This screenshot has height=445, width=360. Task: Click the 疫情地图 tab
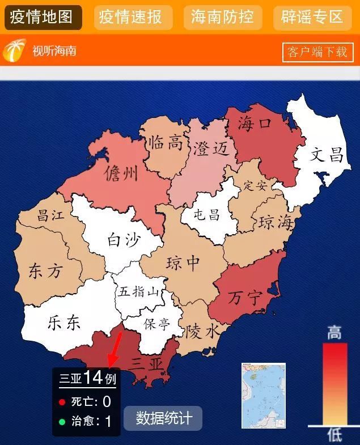[x=43, y=17]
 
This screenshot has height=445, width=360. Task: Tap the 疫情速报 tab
[x=133, y=17]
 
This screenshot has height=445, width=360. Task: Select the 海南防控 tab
[x=222, y=17]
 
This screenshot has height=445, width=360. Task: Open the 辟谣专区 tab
[x=312, y=17]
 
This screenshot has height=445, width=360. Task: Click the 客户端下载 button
[x=317, y=52]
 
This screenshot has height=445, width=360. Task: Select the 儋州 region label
[x=121, y=172]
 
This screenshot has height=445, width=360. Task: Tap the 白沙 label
[x=123, y=240]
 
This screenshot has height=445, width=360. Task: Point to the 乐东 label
[x=64, y=323]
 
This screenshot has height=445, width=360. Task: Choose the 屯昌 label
[x=206, y=214]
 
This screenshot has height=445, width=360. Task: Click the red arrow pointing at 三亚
[x=115, y=349]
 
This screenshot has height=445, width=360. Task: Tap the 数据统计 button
[x=163, y=418]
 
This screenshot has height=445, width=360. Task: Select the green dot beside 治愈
[x=62, y=421]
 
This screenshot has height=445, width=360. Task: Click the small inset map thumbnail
[x=263, y=396]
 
